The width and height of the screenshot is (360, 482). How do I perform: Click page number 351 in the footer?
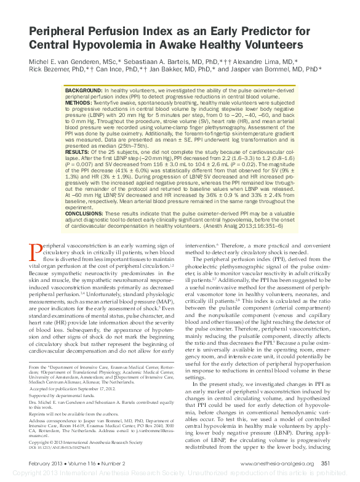click(x=326, y=464)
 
